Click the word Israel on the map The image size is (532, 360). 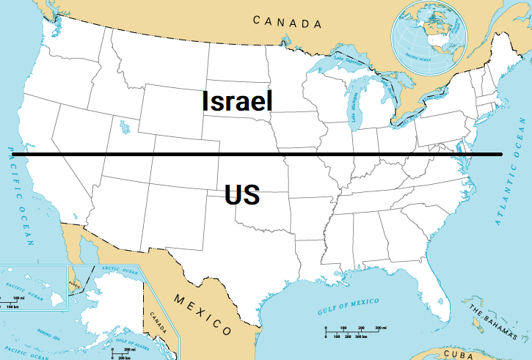tap(237, 100)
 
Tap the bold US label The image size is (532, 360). tap(242, 196)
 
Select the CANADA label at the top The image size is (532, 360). tap(287, 22)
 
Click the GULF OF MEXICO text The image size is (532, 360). tap(349, 306)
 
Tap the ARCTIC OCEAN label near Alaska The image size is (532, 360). tap(119, 271)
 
